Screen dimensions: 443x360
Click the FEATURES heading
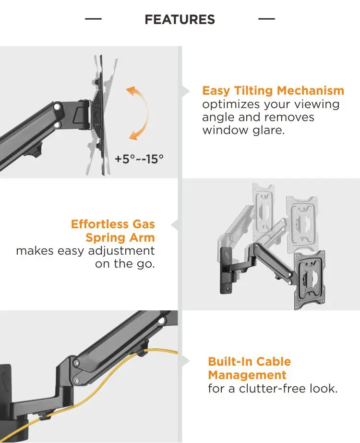point(180,20)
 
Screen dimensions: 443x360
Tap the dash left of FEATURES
point(93,19)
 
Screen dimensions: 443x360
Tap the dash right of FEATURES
point(266,19)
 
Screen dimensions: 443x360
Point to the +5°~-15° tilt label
point(139,159)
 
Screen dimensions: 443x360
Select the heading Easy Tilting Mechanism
point(273,91)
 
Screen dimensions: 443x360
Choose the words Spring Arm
point(120,237)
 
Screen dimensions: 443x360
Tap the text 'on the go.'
point(125,264)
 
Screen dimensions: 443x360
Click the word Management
point(247,375)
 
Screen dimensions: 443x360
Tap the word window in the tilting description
point(224,130)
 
